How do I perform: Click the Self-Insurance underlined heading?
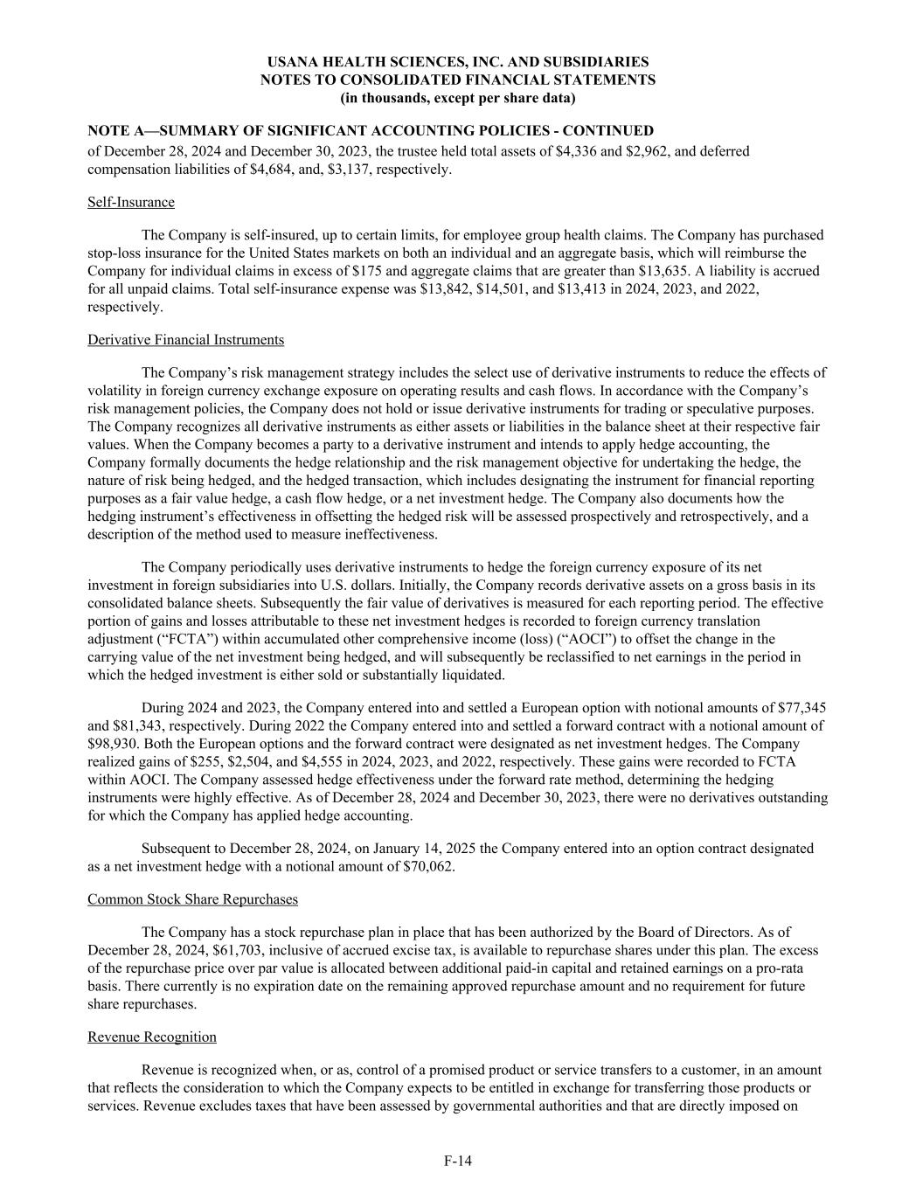pyautogui.click(x=131, y=203)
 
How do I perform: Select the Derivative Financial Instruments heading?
pyautogui.click(x=185, y=340)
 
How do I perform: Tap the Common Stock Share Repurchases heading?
pyautogui.click(x=192, y=899)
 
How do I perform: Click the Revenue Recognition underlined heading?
pyautogui.click(x=152, y=1037)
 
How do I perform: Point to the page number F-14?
pyautogui.click(x=457, y=1161)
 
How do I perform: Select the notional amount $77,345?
pyautogui.click(x=796, y=708)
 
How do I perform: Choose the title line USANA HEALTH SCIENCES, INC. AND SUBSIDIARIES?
pyautogui.click(x=457, y=62)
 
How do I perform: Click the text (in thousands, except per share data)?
pyautogui.click(x=457, y=97)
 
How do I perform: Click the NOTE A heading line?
pyautogui.click(x=371, y=131)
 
